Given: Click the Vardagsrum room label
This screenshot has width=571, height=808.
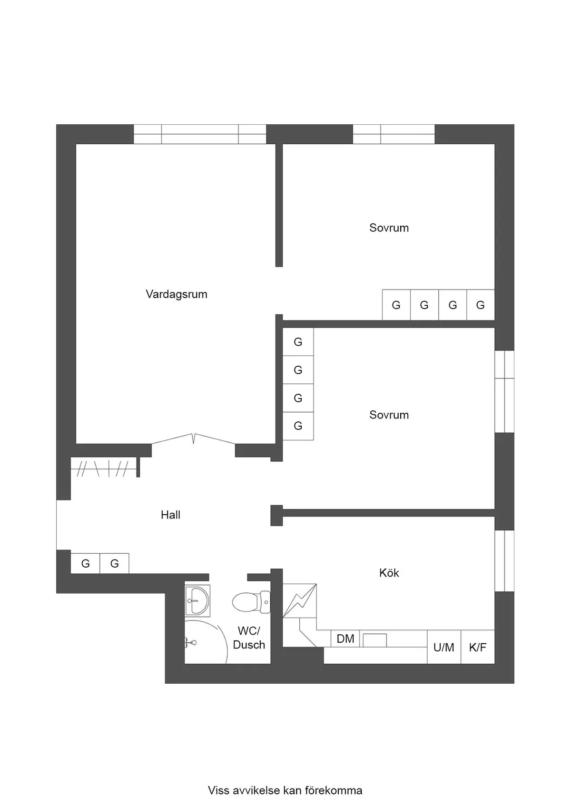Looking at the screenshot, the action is [x=176, y=294].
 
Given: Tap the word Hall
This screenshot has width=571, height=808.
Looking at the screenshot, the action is [x=170, y=515].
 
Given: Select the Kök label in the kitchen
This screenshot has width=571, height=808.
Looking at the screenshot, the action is [x=389, y=573].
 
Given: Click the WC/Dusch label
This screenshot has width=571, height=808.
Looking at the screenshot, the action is [x=249, y=638].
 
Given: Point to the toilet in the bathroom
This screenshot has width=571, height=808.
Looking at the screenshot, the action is [x=251, y=602].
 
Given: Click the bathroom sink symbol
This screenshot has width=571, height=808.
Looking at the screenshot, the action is [x=197, y=600].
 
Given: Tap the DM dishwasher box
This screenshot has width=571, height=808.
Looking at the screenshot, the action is [x=345, y=639].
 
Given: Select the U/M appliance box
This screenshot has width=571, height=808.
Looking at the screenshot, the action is [x=444, y=647].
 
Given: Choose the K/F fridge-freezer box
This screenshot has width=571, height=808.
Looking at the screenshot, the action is [x=478, y=647].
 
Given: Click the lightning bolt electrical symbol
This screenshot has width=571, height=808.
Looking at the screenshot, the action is [x=300, y=600].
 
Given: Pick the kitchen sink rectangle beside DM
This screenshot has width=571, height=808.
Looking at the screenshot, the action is [x=374, y=640].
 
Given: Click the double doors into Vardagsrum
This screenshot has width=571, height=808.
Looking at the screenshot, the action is [x=194, y=439].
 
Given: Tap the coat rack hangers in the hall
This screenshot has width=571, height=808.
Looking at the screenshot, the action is [x=103, y=468].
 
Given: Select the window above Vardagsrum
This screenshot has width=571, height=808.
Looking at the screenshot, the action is [x=200, y=134].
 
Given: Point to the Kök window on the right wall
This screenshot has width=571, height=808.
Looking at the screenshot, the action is [x=504, y=560].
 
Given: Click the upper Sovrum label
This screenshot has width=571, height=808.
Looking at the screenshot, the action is [x=389, y=228].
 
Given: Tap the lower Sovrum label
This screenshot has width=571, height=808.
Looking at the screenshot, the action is [x=389, y=415].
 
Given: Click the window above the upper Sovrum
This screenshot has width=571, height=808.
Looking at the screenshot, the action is [x=394, y=134].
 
